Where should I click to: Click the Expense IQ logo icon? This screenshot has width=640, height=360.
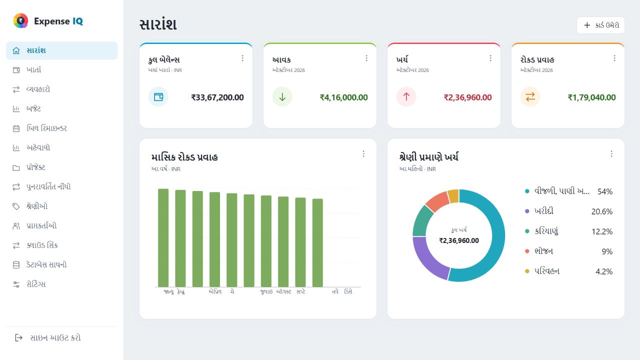20,20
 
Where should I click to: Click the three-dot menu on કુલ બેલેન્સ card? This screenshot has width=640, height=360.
242,58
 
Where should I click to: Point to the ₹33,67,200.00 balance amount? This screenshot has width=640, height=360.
217,97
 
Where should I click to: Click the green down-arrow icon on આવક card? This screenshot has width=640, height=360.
282,97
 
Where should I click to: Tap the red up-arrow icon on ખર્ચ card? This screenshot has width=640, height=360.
406,97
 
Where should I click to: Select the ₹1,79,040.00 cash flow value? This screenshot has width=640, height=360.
591,97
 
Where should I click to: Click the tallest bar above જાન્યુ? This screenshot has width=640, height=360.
163,237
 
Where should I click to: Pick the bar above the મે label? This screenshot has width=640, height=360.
231,240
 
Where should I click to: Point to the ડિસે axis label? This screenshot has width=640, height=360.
348,291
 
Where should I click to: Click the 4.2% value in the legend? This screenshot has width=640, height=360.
604,271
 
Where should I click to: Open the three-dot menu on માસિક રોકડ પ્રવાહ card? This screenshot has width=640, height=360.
363,154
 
